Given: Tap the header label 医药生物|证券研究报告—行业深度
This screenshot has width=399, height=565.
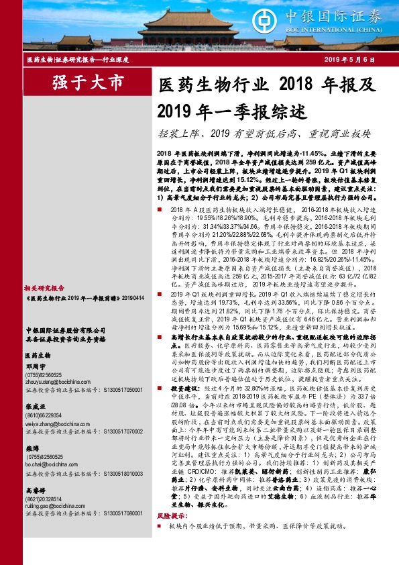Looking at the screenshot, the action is click(77, 60).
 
